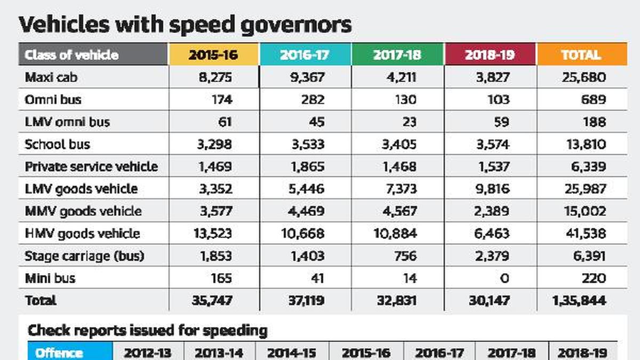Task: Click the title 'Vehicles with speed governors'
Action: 186,25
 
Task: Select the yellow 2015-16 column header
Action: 214,55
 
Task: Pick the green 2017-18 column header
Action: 397,55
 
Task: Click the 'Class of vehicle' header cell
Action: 71,55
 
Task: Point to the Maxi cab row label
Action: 51,77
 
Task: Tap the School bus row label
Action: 58,144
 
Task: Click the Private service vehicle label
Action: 91,166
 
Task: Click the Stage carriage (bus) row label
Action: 84,256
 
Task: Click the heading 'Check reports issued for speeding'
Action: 147,331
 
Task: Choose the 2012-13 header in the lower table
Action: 148,353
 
